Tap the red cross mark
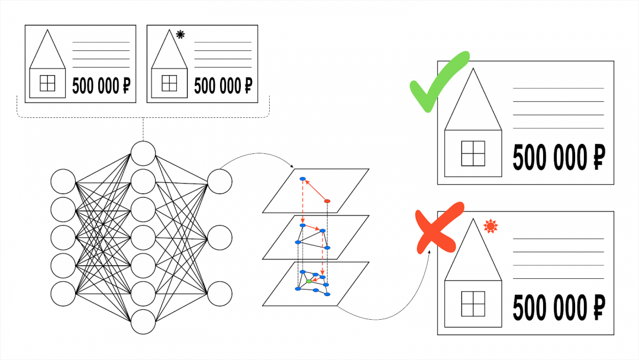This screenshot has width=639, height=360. (x=439, y=227)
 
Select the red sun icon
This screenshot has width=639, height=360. (x=490, y=226)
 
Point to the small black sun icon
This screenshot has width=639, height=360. (x=180, y=34)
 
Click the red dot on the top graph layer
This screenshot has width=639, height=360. (x=327, y=201)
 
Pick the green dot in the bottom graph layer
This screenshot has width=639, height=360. (x=309, y=281)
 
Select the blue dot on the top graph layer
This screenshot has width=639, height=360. (x=302, y=179)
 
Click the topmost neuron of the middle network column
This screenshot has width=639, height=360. (x=143, y=153)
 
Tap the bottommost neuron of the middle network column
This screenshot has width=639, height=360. (x=143, y=322)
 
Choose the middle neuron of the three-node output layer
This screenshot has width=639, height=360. (x=220, y=237)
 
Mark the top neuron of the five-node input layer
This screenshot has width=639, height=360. (x=63, y=181)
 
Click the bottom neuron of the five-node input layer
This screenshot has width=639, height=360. (x=63, y=294)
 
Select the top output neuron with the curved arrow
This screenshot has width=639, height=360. (x=220, y=181)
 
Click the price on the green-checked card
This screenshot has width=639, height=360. (x=559, y=157)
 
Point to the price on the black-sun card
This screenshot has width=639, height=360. (x=223, y=86)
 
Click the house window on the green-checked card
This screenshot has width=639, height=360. (x=473, y=153)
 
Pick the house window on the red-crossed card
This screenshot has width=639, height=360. (x=473, y=304)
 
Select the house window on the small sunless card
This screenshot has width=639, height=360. (x=47, y=83)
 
